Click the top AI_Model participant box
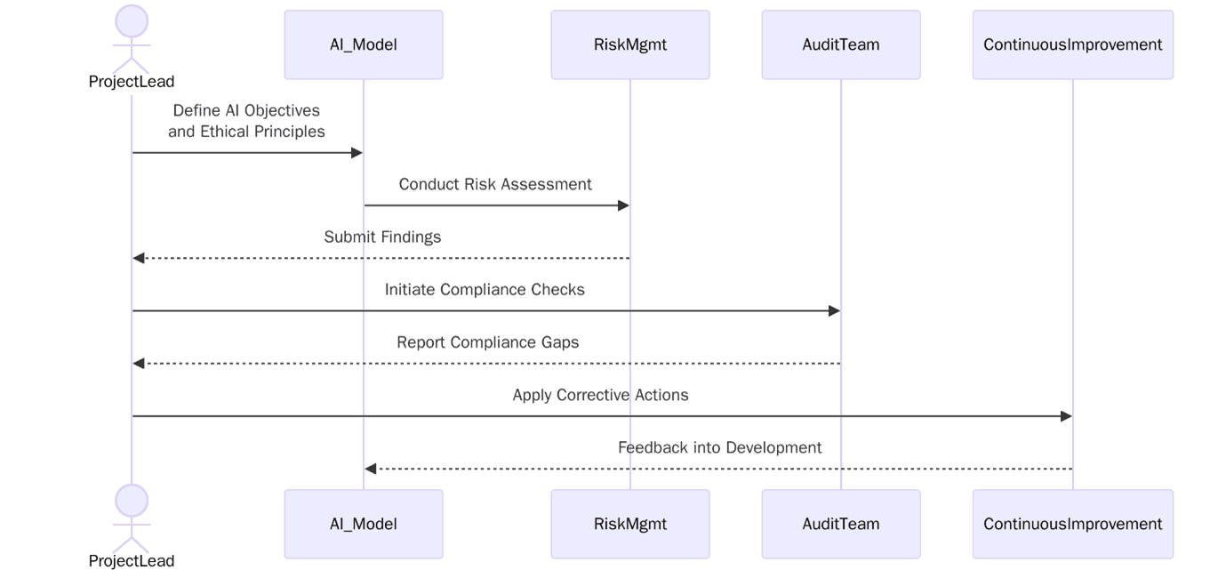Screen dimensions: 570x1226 point(363,44)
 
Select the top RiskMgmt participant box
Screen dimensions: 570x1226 point(629,44)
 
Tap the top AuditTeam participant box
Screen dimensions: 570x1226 point(840,44)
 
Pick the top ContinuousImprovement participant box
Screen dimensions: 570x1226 point(1072,44)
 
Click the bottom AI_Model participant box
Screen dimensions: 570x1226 point(363,524)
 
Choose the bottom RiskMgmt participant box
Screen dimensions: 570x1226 point(629,524)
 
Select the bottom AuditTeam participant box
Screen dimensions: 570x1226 point(840,524)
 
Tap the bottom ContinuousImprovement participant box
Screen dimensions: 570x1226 point(1072,524)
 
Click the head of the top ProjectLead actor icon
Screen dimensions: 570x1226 point(132,20)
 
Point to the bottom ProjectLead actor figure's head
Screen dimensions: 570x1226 point(132,500)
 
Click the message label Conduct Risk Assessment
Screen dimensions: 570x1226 point(495,184)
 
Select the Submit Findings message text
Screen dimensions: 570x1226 point(382,237)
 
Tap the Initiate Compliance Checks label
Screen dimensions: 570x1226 point(485,289)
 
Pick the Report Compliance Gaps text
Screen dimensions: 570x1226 point(487,342)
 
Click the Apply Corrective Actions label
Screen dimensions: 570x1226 point(600,395)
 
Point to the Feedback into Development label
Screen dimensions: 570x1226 point(719,447)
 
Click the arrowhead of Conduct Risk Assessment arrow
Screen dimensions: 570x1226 point(624,205)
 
